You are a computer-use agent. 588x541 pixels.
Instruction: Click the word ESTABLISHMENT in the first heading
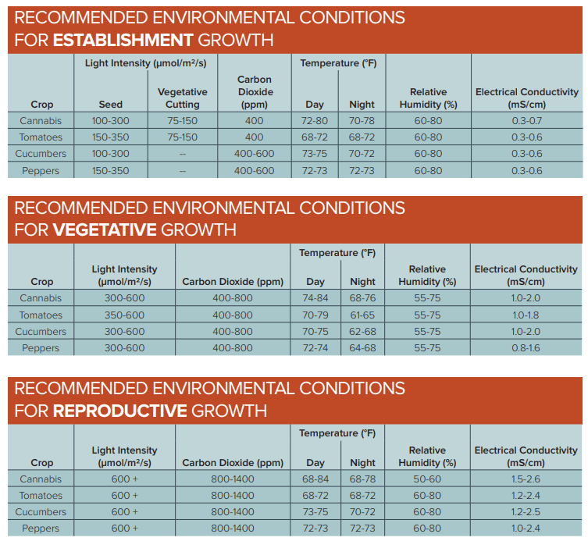tap(123, 41)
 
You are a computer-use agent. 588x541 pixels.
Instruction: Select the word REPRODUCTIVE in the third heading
tap(119, 411)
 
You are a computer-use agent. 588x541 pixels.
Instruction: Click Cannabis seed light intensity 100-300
tap(111, 121)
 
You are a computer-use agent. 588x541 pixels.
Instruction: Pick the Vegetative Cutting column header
tap(182, 98)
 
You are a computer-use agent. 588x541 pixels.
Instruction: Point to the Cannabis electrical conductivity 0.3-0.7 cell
tap(526, 121)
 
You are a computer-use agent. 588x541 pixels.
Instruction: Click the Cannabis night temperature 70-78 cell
tap(362, 121)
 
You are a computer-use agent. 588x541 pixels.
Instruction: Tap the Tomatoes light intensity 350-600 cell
tap(124, 315)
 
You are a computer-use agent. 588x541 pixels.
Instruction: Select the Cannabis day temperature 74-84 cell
tap(315, 298)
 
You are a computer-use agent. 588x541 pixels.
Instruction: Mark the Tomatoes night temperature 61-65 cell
tap(362, 315)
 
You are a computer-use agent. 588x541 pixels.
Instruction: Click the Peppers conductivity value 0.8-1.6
tap(526, 348)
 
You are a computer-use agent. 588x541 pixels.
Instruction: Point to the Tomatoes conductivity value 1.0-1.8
tap(526, 315)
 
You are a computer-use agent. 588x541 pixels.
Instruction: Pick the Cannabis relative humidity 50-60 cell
tap(427, 479)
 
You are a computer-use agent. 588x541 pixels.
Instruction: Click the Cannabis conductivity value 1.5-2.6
tap(526, 479)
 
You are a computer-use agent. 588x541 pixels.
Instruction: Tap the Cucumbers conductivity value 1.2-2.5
tap(526, 512)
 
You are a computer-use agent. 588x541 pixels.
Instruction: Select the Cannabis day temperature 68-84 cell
tap(315, 479)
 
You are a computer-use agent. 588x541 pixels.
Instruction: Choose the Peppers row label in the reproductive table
tap(41, 529)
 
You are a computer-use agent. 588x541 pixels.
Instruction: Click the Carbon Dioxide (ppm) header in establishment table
tap(255, 91)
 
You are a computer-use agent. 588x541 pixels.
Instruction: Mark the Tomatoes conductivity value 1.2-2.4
tap(526, 496)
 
